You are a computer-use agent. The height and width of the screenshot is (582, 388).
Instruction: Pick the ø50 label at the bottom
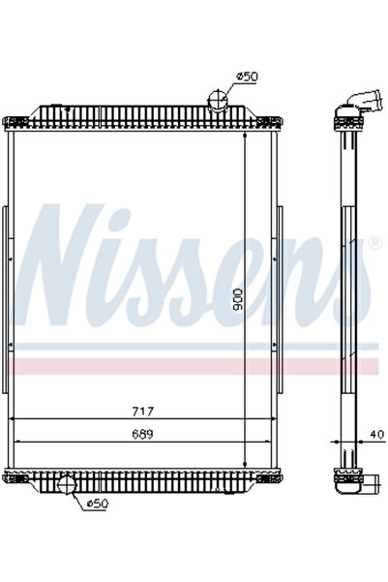click(x=98, y=503)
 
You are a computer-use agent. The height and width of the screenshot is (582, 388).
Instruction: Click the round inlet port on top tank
click(x=220, y=98)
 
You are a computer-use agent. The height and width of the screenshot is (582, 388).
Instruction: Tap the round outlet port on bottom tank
click(x=69, y=484)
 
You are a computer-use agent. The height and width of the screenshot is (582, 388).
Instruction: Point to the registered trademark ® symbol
click(x=374, y=244)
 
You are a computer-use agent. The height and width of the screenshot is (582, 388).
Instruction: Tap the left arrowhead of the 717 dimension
click(x=12, y=419)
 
